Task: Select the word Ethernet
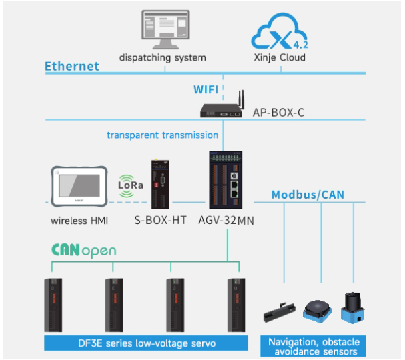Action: (72, 66)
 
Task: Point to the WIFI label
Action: (207, 89)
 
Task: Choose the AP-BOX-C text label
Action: (278, 113)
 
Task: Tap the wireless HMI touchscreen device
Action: (79, 187)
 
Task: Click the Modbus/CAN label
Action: (317, 195)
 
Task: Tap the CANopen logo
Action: (83, 251)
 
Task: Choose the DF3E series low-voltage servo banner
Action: (143, 343)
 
